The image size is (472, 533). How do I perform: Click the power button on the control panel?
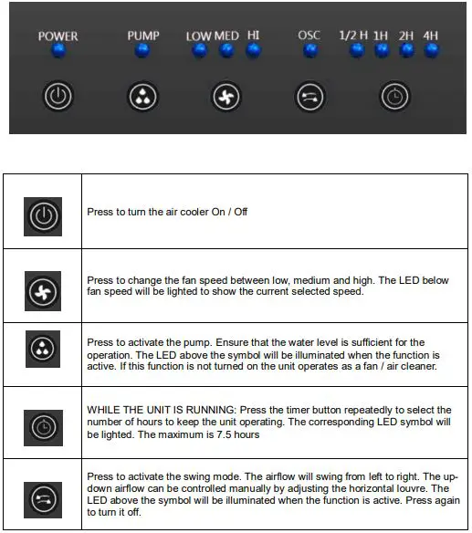tap(58, 96)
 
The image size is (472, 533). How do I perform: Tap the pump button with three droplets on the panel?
tap(142, 97)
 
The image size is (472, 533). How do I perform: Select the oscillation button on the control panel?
tap(309, 98)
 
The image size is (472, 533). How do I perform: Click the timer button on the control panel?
tap(394, 97)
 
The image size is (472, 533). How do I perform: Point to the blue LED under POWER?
tap(58, 51)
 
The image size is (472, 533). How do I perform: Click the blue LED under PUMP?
tap(142, 50)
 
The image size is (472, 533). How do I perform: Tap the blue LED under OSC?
tap(310, 50)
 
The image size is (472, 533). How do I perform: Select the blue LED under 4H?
tap(432, 50)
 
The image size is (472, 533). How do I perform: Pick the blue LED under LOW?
tap(200, 50)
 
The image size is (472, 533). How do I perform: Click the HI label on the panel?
tap(253, 35)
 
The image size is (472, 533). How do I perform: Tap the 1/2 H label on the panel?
tap(353, 36)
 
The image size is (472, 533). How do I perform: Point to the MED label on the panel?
tap(226, 36)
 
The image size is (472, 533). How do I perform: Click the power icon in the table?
tap(43, 216)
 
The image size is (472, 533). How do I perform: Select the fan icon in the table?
tap(43, 291)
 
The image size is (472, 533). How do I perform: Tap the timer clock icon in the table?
tap(43, 428)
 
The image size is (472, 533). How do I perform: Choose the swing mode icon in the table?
tap(43, 500)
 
